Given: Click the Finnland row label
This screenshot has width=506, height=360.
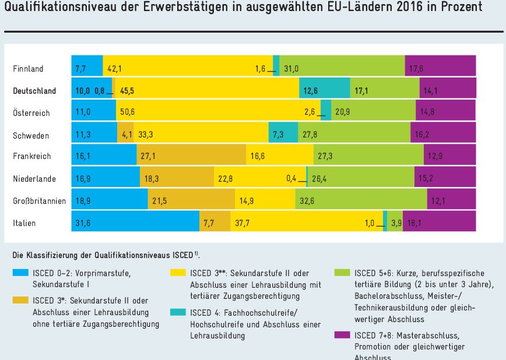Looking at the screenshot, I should click(28, 69).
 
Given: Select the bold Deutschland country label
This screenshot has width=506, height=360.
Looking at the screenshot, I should click(34, 91).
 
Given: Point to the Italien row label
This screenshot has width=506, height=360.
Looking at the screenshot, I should click(24, 223).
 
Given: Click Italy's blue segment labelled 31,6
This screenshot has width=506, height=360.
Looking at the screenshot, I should click(135, 222).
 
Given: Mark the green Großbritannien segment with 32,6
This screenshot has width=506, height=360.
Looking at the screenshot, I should click(361, 200).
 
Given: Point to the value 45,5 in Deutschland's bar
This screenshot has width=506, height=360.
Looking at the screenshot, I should click(128, 91).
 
